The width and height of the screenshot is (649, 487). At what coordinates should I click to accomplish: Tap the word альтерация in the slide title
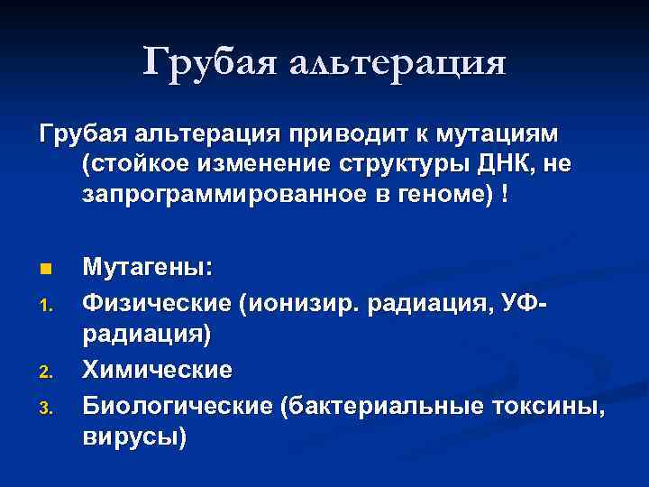399,64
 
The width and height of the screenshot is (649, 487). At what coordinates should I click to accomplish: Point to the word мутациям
501,134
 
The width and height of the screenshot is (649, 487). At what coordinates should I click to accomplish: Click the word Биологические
177,406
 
